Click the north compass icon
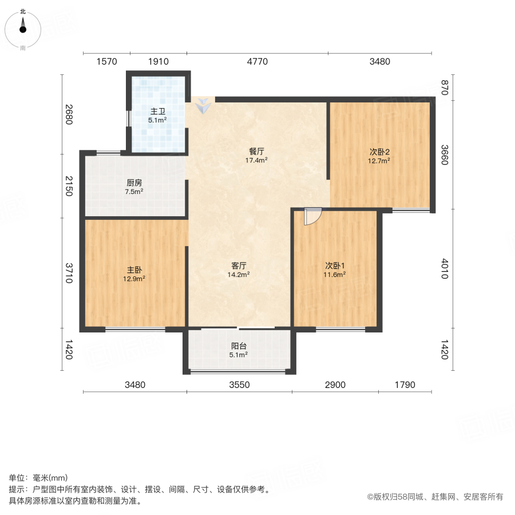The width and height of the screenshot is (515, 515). click(x=23, y=27)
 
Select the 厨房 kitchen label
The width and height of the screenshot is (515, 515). click(x=134, y=184)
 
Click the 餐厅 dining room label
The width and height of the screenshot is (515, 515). click(x=256, y=152)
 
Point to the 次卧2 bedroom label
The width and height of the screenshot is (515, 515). click(x=379, y=152)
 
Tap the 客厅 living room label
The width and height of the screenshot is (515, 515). click(x=239, y=266)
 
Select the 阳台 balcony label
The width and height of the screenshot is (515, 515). click(x=239, y=346)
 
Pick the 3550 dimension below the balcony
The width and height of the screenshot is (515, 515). click(x=239, y=385)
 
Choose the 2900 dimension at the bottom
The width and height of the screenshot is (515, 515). click(x=335, y=385)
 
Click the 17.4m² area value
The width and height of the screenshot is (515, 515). click(x=256, y=161)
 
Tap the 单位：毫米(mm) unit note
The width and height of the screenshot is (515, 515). click(x=38, y=478)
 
